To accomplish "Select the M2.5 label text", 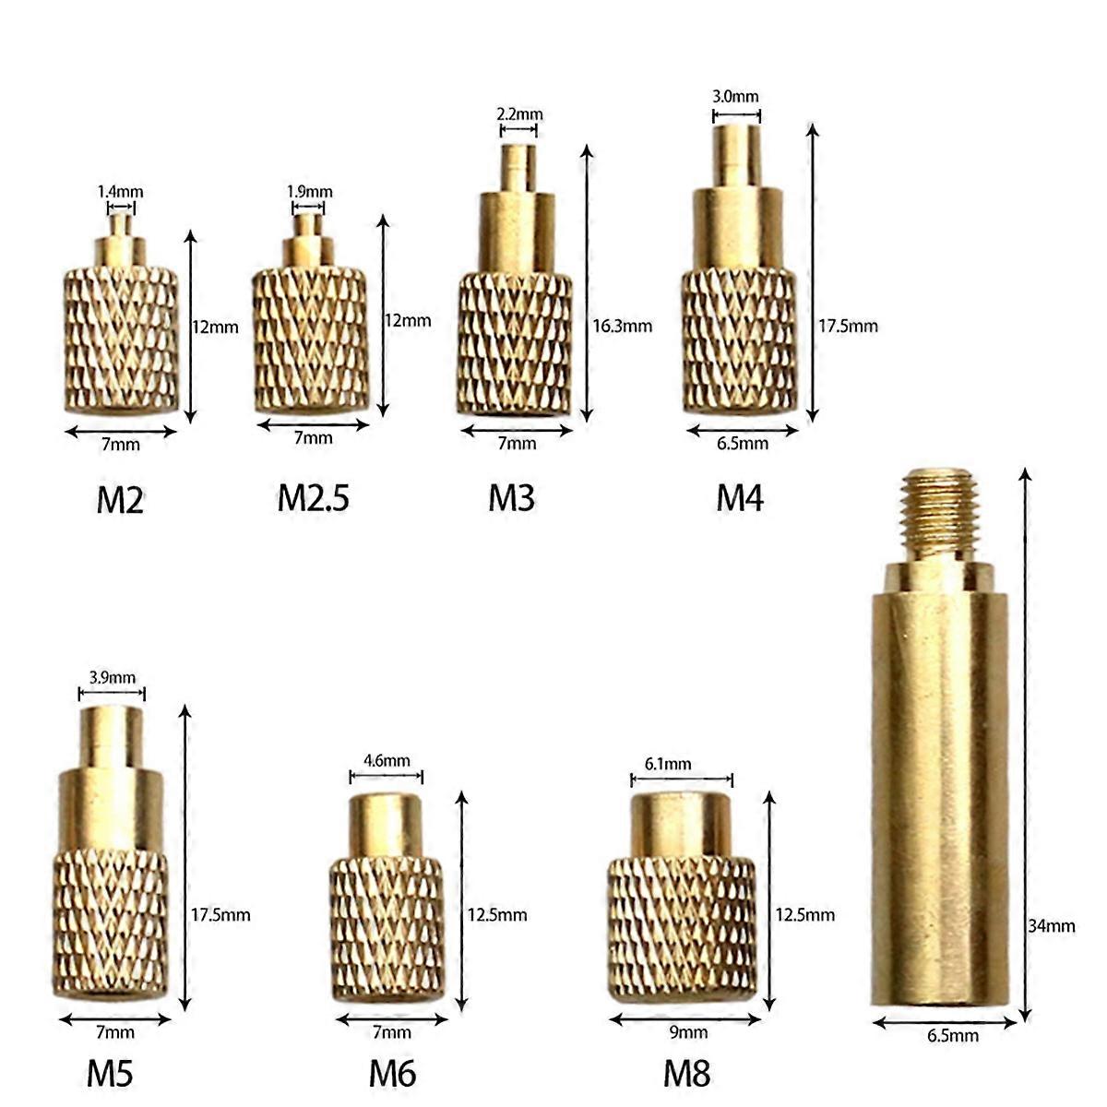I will pyautogui.click(x=314, y=498).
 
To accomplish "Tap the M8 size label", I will pyautogui.click(x=687, y=1073).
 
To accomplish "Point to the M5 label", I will pyautogui.click(x=111, y=1073).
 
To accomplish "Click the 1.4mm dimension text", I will pyautogui.click(x=121, y=192).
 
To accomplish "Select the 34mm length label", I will pyautogui.click(x=1052, y=925).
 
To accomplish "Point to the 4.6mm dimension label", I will pyautogui.click(x=387, y=761).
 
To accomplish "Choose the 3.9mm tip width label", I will pyautogui.click(x=111, y=676).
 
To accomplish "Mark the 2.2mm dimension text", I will pyautogui.click(x=519, y=114).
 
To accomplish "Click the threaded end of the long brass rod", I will pyautogui.click(x=936, y=512).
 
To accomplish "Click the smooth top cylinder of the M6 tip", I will pyautogui.click(x=386, y=825).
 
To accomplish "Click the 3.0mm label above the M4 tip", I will pyautogui.click(x=736, y=96).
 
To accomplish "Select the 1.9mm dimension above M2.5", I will pyautogui.click(x=309, y=192).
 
